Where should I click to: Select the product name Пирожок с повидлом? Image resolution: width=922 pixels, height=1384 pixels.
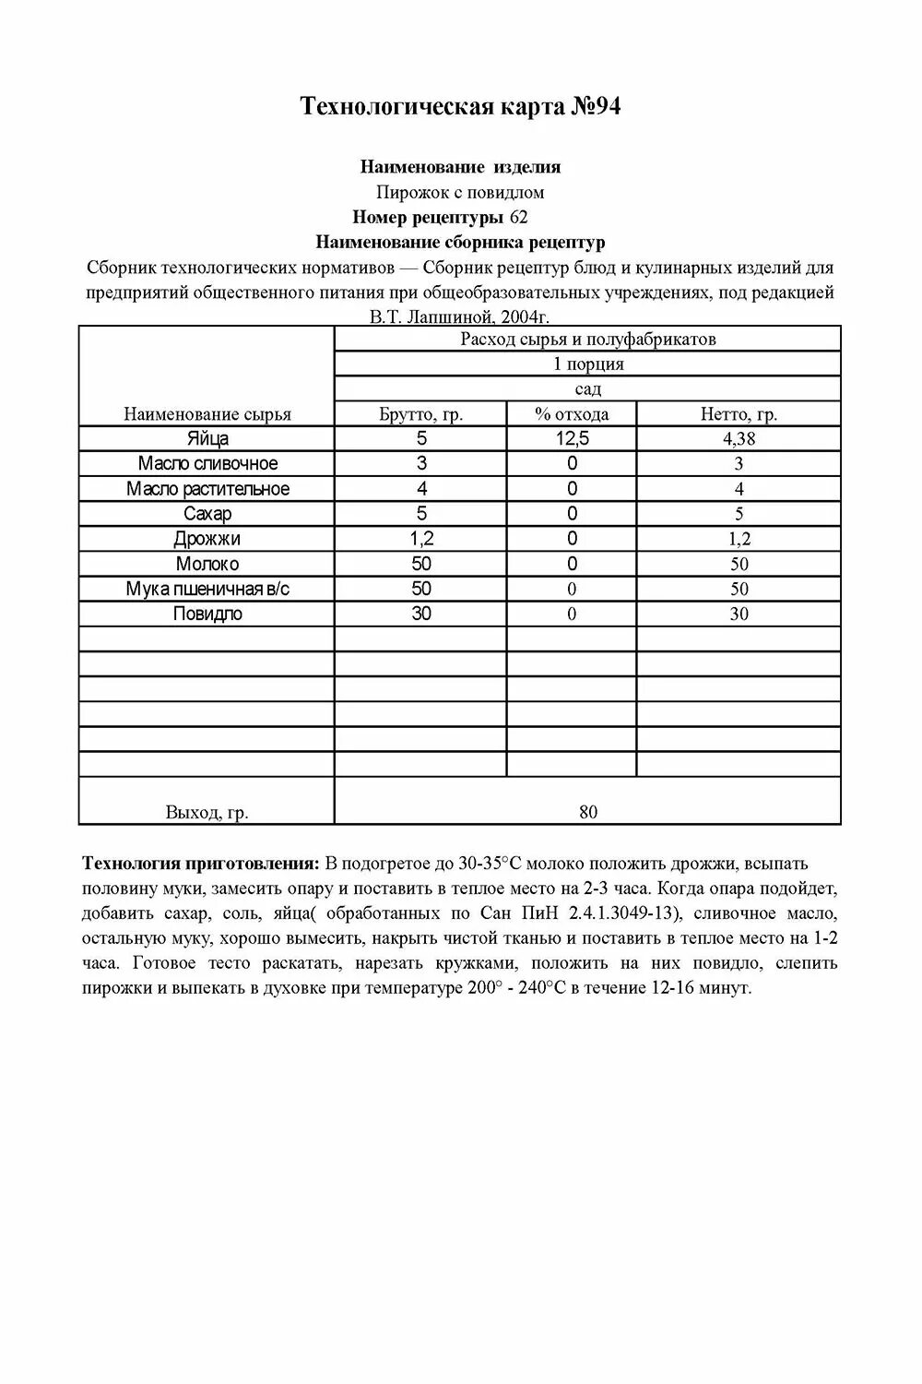pyautogui.click(x=460, y=192)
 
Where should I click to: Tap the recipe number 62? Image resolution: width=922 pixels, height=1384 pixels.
pyautogui.click(x=518, y=217)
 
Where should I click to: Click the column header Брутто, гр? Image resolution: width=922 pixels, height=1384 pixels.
pyautogui.click(x=420, y=414)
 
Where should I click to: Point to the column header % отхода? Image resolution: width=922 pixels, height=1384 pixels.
pyautogui.click(x=572, y=414)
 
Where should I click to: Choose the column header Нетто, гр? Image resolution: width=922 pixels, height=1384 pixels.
pyautogui.click(x=739, y=414)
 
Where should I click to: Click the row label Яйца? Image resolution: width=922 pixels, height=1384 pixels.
pyautogui.click(x=207, y=439)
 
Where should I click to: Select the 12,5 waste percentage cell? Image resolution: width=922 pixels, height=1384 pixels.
pyautogui.click(x=572, y=439)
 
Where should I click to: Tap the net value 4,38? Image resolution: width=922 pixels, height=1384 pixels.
pyautogui.click(x=739, y=439)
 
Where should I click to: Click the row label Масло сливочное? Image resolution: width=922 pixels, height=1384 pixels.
pyautogui.click(x=207, y=464)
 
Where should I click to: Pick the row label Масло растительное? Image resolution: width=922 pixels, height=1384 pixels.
pyautogui.click(x=207, y=489)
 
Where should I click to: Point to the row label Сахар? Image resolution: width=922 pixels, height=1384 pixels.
pyautogui.click(x=207, y=514)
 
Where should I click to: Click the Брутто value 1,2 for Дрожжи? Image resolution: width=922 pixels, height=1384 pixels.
pyautogui.click(x=420, y=539)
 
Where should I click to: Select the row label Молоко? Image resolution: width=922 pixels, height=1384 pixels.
pyautogui.click(x=207, y=564)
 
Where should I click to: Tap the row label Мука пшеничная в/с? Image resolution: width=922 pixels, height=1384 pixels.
pyautogui.click(x=207, y=589)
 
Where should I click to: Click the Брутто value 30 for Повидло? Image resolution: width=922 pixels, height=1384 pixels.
pyautogui.click(x=420, y=614)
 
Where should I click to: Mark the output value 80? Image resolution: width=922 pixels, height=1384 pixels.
pyautogui.click(x=588, y=812)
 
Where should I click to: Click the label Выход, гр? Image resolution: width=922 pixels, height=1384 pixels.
pyautogui.click(x=207, y=812)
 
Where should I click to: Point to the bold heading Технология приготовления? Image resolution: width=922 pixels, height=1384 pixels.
pyautogui.click(x=201, y=864)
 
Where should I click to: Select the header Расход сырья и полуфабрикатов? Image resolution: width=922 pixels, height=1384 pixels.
pyautogui.click(x=588, y=339)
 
